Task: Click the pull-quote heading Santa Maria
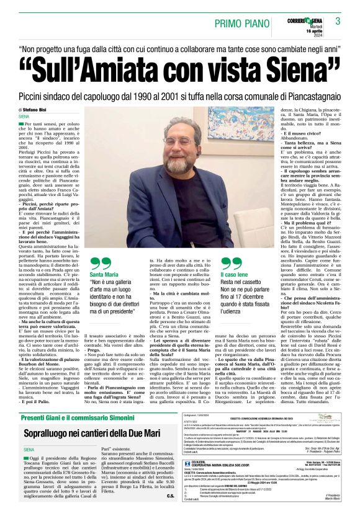104,274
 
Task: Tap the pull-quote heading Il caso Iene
234,274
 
